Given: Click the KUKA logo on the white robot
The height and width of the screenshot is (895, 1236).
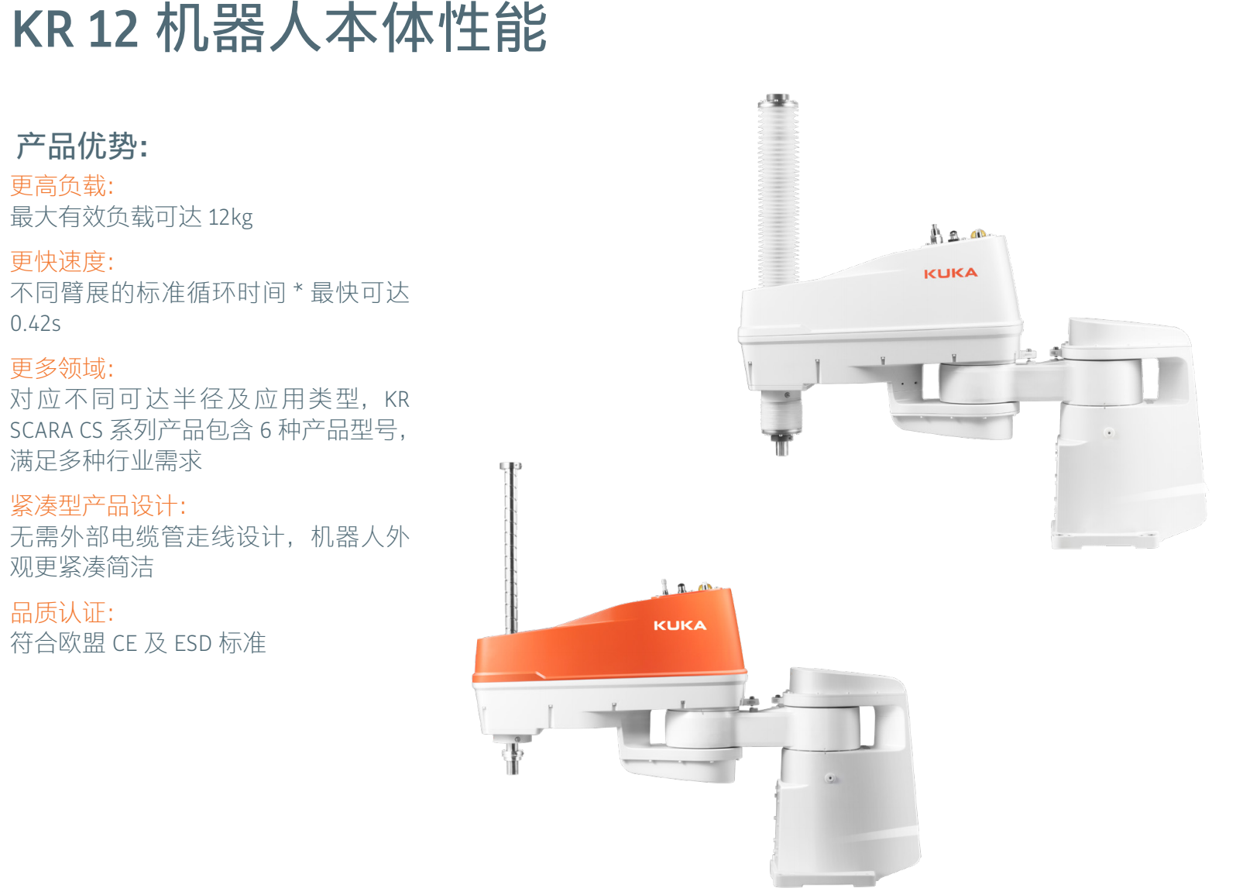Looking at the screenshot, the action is click(950, 274).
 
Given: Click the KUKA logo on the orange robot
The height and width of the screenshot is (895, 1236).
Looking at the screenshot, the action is click(680, 625).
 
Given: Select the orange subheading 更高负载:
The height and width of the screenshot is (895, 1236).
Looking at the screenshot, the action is click(63, 185).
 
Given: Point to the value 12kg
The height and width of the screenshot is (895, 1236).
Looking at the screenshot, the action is click(231, 218).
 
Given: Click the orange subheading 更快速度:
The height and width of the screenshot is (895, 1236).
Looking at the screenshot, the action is click(63, 261).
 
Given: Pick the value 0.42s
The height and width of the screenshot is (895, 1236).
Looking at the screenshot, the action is click(36, 324).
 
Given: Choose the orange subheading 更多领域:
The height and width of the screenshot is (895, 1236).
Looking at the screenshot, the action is click(63, 368).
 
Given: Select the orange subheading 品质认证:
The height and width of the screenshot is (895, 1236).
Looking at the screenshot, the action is click(63, 612).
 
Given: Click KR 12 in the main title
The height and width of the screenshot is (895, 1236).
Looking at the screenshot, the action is click(75, 29).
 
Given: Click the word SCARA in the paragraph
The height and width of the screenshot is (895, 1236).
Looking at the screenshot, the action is click(41, 431).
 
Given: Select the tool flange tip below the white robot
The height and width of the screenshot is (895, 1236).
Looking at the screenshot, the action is click(782, 446).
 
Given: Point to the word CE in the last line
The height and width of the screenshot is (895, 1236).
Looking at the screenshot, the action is click(124, 644).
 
